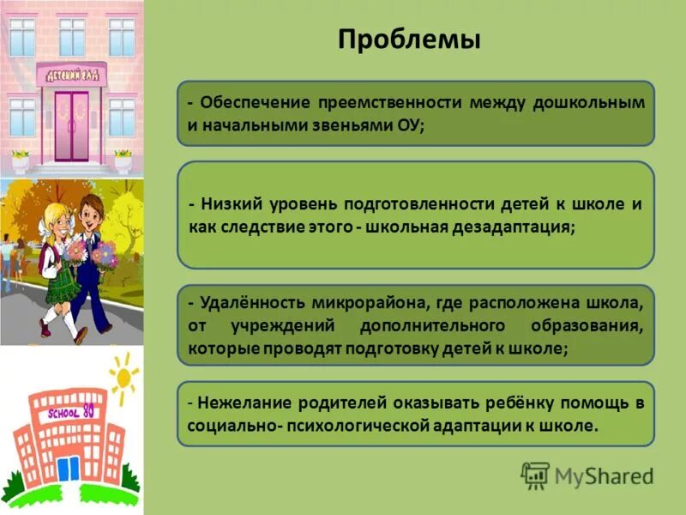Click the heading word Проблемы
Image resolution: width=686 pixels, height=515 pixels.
pyautogui.click(x=408, y=40)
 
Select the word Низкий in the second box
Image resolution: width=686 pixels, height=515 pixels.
pyautogui.click(x=235, y=204)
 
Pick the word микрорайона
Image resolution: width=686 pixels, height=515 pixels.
pyautogui.click(x=382, y=304)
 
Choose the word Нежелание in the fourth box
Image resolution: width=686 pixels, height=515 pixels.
pyautogui.click(x=243, y=403)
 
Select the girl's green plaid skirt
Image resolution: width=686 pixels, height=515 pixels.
pyautogui.click(x=57, y=288)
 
